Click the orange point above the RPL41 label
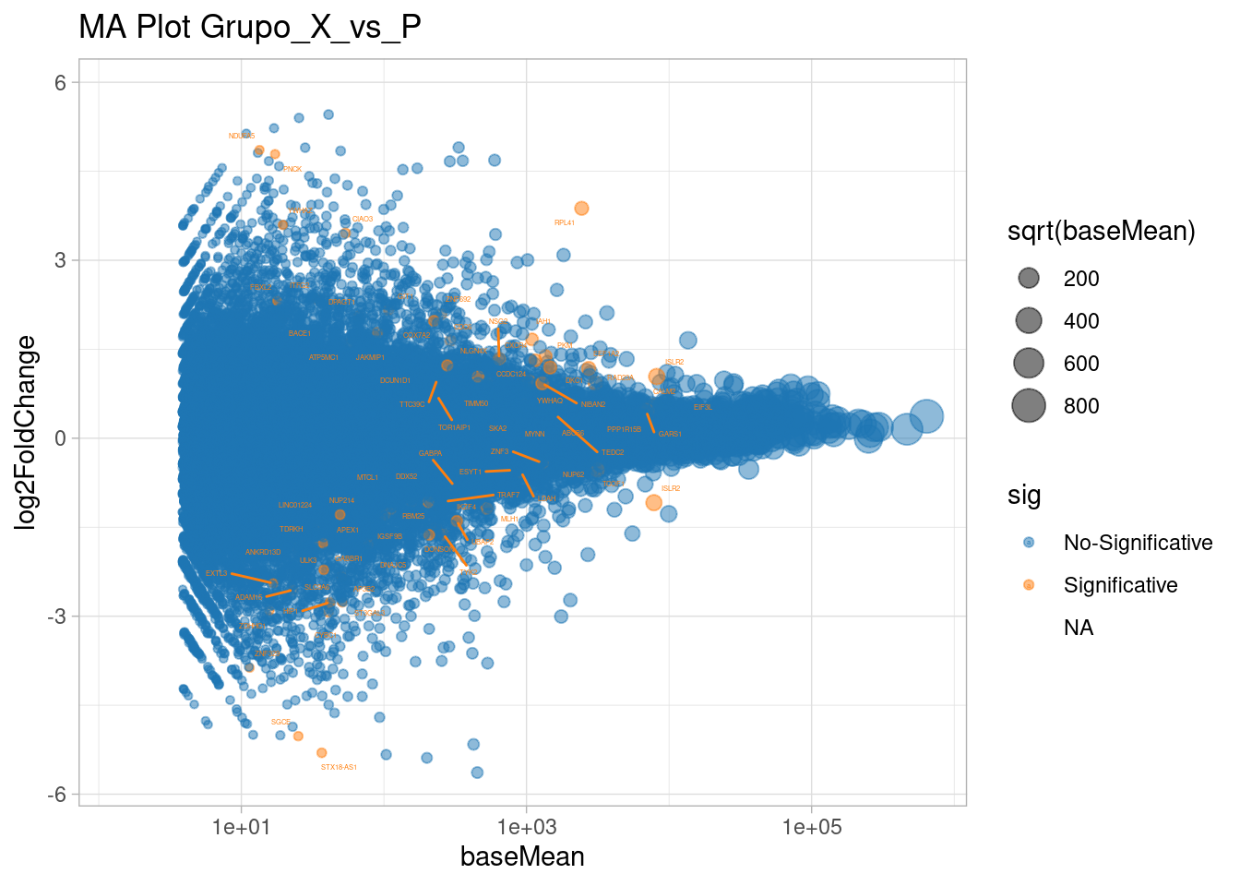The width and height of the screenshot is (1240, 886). click(x=581, y=209)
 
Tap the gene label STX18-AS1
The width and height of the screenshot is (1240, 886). click(x=339, y=767)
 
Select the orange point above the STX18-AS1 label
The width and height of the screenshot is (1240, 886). click(x=321, y=753)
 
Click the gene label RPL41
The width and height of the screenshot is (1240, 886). click(x=564, y=223)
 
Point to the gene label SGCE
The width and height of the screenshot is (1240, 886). click(x=280, y=722)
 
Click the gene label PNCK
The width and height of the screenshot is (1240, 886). click(x=292, y=170)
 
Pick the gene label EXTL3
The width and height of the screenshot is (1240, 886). click(x=216, y=573)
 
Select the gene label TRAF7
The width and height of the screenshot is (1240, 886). click(x=508, y=496)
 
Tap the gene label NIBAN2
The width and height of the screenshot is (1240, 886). click(x=593, y=405)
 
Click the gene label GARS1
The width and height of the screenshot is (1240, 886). click(x=670, y=434)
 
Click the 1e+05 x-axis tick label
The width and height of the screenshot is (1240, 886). click(x=812, y=827)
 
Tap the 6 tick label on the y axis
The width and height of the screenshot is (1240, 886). click(x=61, y=82)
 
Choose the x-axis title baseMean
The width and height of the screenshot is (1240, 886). click(x=522, y=856)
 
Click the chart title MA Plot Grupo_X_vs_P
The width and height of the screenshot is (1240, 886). click(x=250, y=27)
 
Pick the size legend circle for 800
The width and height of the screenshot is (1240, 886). click(x=1029, y=405)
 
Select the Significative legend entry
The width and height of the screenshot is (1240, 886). click(x=1120, y=585)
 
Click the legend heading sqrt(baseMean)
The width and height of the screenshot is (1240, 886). click(x=1101, y=232)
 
